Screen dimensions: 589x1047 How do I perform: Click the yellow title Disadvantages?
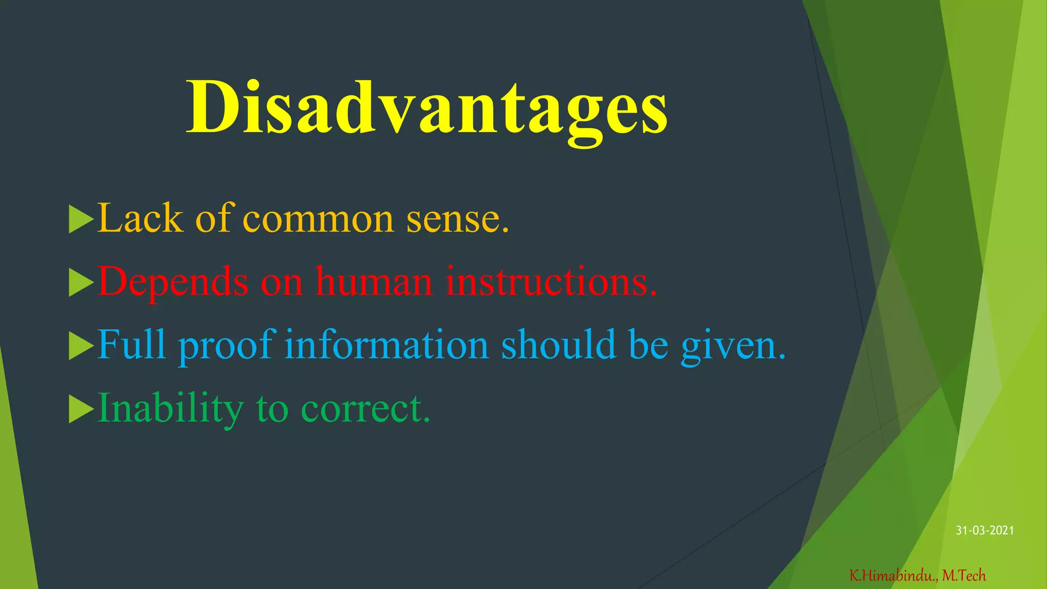click(426, 108)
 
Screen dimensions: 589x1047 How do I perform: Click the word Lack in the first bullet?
click(140, 218)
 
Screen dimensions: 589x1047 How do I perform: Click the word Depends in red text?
click(173, 282)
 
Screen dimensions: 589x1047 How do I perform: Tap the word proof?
click(227, 345)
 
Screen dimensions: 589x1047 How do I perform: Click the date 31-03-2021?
click(985, 531)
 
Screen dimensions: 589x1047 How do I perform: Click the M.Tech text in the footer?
click(964, 576)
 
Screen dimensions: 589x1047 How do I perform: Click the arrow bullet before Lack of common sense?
click(81, 219)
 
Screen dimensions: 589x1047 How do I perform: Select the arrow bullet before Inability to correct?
click(81, 409)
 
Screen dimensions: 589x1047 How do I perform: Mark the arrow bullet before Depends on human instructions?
click(81, 282)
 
